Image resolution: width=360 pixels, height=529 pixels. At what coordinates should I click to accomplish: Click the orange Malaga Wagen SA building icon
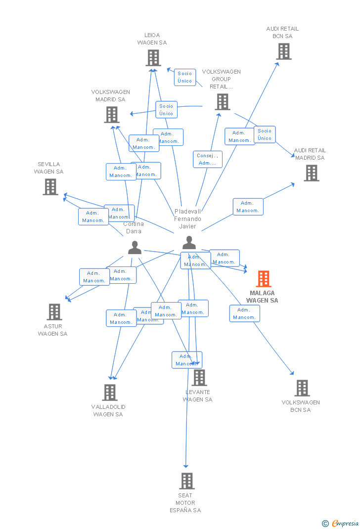[264, 279]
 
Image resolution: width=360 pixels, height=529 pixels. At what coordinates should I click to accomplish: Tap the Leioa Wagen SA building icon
[153, 58]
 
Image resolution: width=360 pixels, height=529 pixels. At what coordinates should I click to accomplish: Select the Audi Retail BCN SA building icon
[284, 51]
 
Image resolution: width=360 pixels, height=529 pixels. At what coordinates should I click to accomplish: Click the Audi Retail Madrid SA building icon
[311, 173]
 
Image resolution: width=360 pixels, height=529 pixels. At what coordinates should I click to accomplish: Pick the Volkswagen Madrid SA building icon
[112, 115]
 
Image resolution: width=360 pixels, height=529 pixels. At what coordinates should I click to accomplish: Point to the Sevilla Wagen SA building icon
[50, 187]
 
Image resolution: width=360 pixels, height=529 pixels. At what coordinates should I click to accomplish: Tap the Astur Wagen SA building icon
[54, 312]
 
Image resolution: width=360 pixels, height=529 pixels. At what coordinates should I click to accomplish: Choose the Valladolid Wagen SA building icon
[110, 393]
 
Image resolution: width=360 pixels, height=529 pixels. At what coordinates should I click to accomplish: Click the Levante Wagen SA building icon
[199, 378]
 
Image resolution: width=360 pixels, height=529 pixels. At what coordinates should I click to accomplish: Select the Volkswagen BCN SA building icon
[302, 388]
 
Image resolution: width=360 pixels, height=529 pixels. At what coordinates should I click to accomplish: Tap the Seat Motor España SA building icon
[186, 481]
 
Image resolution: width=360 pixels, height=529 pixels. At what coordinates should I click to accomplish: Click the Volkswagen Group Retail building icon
[223, 102]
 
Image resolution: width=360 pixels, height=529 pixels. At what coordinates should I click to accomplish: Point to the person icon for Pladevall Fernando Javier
[189, 243]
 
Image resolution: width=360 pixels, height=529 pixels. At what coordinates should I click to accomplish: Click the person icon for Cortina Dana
[135, 248]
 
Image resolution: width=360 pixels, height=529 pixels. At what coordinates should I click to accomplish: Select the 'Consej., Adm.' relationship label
[207, 159]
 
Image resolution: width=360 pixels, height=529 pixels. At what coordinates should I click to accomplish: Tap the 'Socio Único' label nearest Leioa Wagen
[185, 77]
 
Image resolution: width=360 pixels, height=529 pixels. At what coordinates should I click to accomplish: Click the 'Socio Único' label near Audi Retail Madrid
[265, 134]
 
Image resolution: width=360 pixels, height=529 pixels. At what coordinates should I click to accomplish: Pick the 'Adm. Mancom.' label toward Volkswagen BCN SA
[244, 313]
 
